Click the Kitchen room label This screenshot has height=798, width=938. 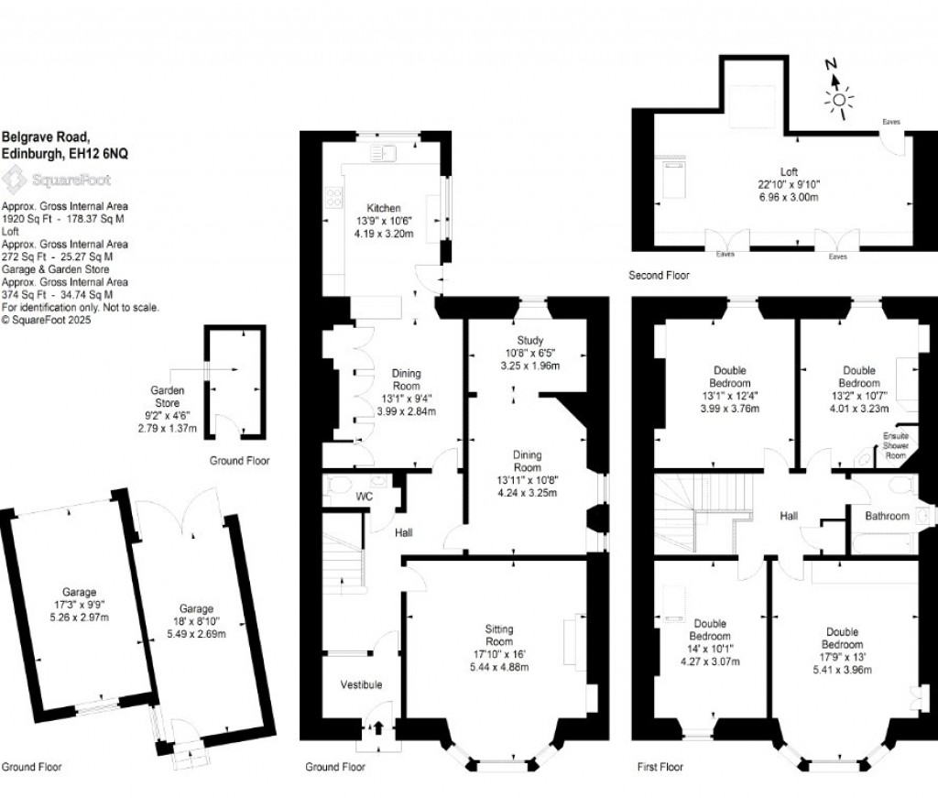382,208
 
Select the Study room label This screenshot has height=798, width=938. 530,340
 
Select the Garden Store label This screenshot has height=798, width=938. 167,396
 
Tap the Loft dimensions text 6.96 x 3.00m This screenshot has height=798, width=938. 789,196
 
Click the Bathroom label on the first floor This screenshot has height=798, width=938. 888,517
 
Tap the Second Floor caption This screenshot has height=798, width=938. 659,275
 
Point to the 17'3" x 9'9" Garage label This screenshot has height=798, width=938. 80,592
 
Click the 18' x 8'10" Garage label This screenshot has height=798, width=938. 196,608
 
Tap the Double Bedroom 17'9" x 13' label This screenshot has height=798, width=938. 842,631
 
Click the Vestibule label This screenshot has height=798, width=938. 361,684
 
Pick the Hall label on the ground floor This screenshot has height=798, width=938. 403,532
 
